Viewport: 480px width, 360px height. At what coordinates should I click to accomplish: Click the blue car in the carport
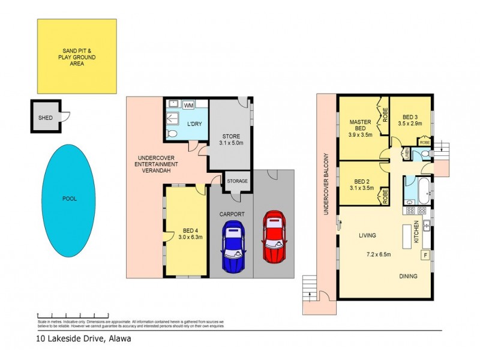[x=233, y=246]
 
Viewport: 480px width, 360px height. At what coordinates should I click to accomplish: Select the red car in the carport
[x=274, y=236]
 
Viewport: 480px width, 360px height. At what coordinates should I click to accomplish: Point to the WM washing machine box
[x=188, y=105]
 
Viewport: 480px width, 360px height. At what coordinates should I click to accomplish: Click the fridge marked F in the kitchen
[x=425, y=256]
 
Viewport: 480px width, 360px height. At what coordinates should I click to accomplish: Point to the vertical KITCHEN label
[x=416, y=232]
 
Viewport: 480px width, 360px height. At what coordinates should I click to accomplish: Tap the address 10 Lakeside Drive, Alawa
[x=82, y=338]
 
